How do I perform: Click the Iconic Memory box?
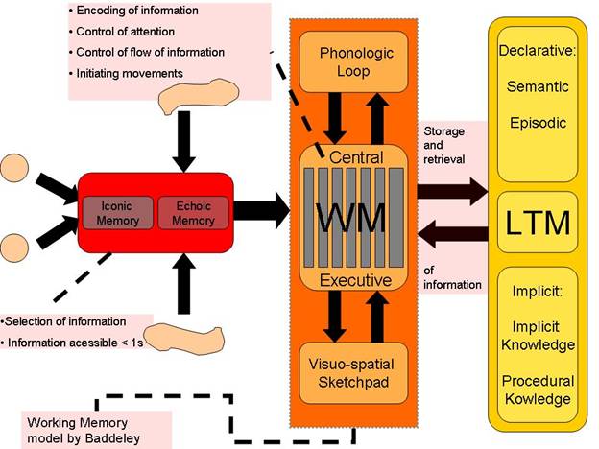(117, 213)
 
